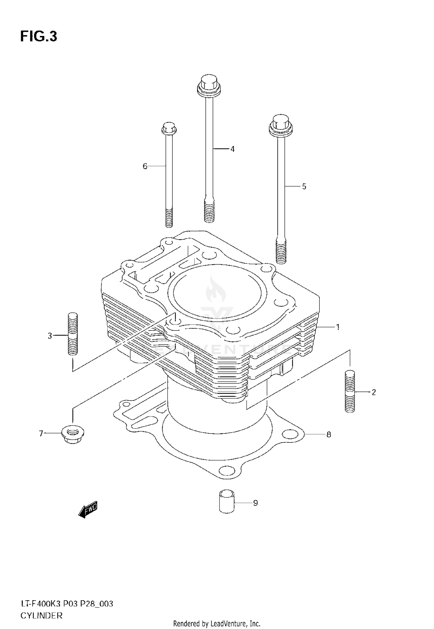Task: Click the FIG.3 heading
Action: click(x=39, y=37)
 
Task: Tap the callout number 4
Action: click(x=232, y=149)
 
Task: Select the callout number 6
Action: click(x=145, y=166)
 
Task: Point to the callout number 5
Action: click(x=304, y=186)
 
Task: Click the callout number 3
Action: click(x=50, y=336)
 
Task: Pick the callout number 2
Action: click(x=374, y=392)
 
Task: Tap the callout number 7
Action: click(x=41, y=434)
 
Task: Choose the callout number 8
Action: click(x=329, y=434)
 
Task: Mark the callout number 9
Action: click(x=255, y=503)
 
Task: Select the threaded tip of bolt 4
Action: click(x=209, y=212)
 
